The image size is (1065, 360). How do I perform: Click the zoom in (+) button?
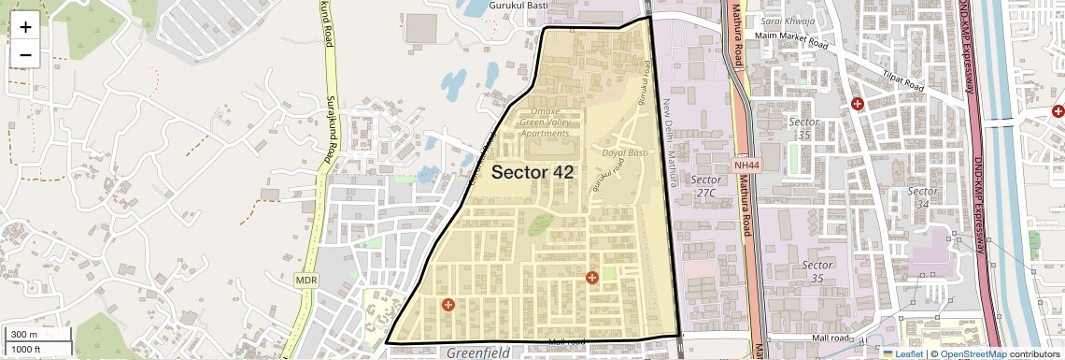tap(25, 26)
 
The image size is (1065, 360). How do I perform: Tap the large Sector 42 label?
tap(532, 172)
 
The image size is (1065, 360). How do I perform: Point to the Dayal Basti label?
tap(626, 152)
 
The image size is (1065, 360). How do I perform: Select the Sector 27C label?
tap(706, 185)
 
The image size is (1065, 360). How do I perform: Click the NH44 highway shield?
tap(746, 165)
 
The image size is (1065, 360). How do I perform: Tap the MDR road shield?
tap(306, 280)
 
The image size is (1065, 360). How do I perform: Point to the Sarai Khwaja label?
tap(788, 22)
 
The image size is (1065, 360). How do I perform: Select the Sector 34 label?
tap(923, 197)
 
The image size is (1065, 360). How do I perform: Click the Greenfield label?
tap(477, 353)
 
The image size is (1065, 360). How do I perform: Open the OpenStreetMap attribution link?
tap(973, 353)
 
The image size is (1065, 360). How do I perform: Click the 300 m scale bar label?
tap(24, 335)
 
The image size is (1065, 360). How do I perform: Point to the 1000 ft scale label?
tap(26, 349)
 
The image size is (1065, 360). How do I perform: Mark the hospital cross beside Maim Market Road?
tap(858, 103)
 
